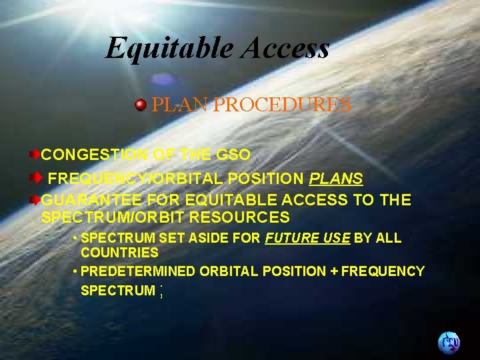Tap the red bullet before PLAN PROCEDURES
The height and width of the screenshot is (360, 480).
tap(141, 105)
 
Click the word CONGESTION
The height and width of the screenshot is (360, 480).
tap(95, 155)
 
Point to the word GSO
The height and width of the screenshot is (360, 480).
tap(234, 155)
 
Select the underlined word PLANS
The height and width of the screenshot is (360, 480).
tap(336, 179)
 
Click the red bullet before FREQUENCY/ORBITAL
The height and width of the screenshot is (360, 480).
tap(39, 179)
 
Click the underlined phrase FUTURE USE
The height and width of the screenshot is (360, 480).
tap(307, 238)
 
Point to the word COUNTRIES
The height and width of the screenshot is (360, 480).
tap(119, 253)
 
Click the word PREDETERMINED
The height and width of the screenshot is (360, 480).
tap(137, 271)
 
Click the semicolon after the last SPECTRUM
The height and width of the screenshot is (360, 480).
tap(161, 291)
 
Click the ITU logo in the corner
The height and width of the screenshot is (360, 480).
tap(449, 342)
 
